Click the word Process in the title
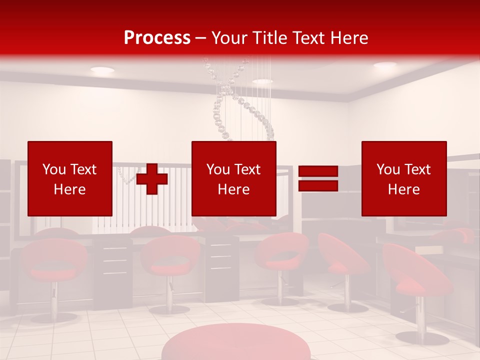[157, 37]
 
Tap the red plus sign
[152, 178]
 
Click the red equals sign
[318, 178]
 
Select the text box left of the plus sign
[70, 178]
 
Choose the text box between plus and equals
[233, 178]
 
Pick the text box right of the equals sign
[404, 178]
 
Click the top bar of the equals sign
[318, 171]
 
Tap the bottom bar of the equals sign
[318, 185]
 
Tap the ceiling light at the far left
[102, 70]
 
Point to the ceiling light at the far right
[385, 65]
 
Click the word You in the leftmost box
[53, 169]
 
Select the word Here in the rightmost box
[404, 189]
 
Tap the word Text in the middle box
[247, 169]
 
